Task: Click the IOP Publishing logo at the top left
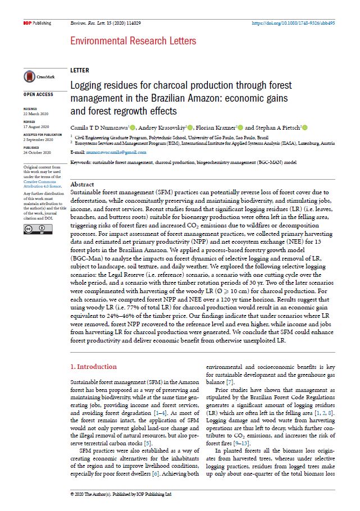click(x=37, y=23)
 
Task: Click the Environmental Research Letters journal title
click(x=133, y=41)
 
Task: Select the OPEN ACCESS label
click(x=38, y=94)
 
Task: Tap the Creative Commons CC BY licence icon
click(x=38, y=229)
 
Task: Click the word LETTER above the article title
click(x=79, y=71)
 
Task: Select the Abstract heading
click(x=83, y=184)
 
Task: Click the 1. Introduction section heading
click(x=94, y=367)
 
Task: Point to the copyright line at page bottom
click(x=120, y=495)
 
